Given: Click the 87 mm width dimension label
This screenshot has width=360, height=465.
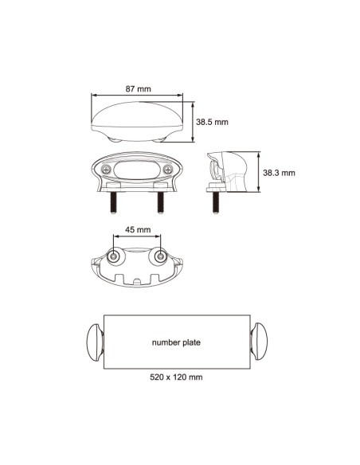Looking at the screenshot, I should click(139, 89).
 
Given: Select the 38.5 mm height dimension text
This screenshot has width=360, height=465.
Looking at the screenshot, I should click(213, 122).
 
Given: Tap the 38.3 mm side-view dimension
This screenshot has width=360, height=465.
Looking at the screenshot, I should click(280, 172).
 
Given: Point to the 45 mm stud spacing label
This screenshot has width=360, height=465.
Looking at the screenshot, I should click(139, 229).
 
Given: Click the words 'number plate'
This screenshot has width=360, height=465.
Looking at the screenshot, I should click(176, 343).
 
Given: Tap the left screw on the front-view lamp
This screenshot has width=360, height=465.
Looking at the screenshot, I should click(105, 169).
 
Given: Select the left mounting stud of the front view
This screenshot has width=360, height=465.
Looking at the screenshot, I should click(114, 201).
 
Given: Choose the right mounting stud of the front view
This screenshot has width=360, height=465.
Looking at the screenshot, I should click(159, 201).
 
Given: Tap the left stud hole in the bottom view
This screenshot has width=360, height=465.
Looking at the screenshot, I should click(117, 256).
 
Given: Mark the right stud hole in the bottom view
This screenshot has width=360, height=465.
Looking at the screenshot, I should click(159, 256).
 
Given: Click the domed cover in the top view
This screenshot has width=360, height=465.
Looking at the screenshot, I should click(137, 118).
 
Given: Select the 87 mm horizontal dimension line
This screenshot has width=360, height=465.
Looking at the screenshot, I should click(137, 98).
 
